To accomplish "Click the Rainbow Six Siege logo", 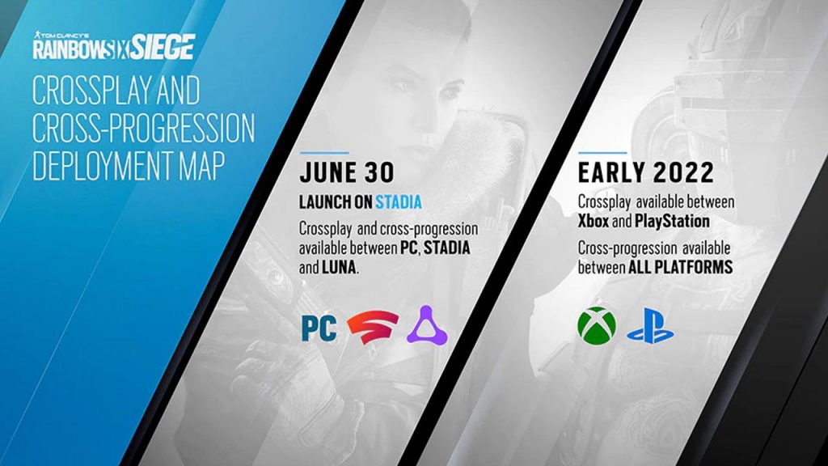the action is [x=113, y=45].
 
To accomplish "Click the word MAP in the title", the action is [x=201, y=165].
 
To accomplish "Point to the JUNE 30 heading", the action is [x=346, y=173].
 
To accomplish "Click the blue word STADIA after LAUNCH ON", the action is [x=399, y=201].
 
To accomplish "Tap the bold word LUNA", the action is [x=339, y=267].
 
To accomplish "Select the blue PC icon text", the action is [x=319, y=328].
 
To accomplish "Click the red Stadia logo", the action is [x=373, y=328].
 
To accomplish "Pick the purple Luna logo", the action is [x=427, y=325].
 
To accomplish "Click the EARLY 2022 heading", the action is [x=646, y=173].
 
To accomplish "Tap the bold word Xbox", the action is [x=594, y=221].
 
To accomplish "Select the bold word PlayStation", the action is [x=672, y=221].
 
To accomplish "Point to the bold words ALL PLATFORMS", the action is [x=680, y=267].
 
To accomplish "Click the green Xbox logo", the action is [x=597, y=325].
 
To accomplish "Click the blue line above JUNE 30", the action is [x=324, y=153].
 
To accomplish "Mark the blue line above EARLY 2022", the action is [x=602, y=153].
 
